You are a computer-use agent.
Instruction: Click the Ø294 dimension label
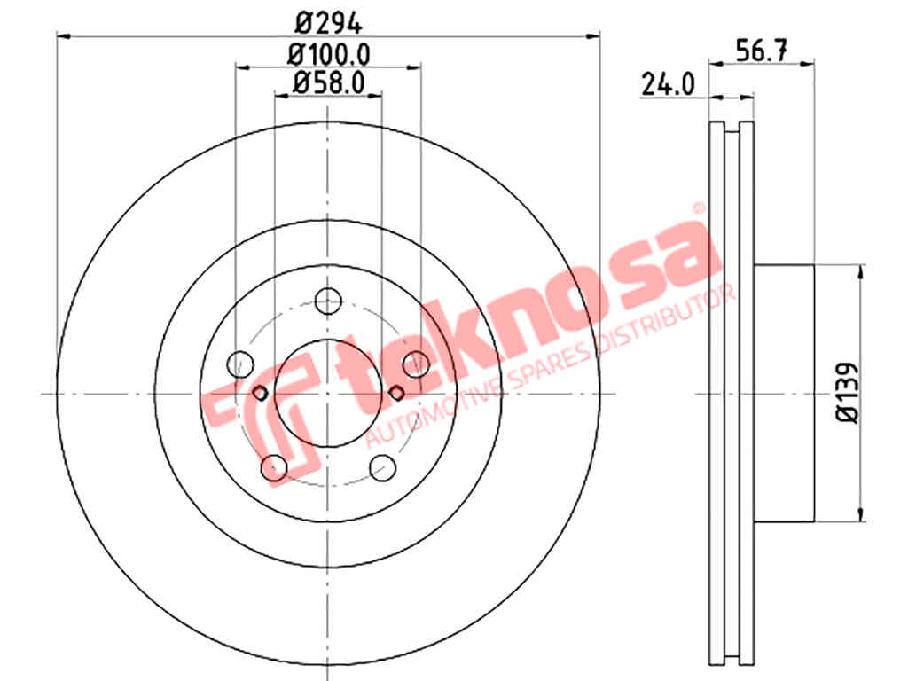[x=328, y=24]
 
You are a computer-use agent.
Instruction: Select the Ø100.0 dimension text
[x=329, y=55]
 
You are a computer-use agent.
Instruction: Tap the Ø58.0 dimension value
[x=329, y=82]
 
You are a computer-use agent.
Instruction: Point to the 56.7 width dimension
[x=761, y=51]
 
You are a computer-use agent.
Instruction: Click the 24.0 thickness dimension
[x=668, y=85]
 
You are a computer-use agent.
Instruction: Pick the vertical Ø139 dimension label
[x=846, y=394]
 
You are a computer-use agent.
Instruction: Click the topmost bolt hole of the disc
[x=328, y=301]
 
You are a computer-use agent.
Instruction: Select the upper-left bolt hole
[x=240, y=364]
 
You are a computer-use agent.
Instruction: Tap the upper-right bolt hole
[x=416, y=364]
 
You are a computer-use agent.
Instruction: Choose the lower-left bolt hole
[x=275, y=467]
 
